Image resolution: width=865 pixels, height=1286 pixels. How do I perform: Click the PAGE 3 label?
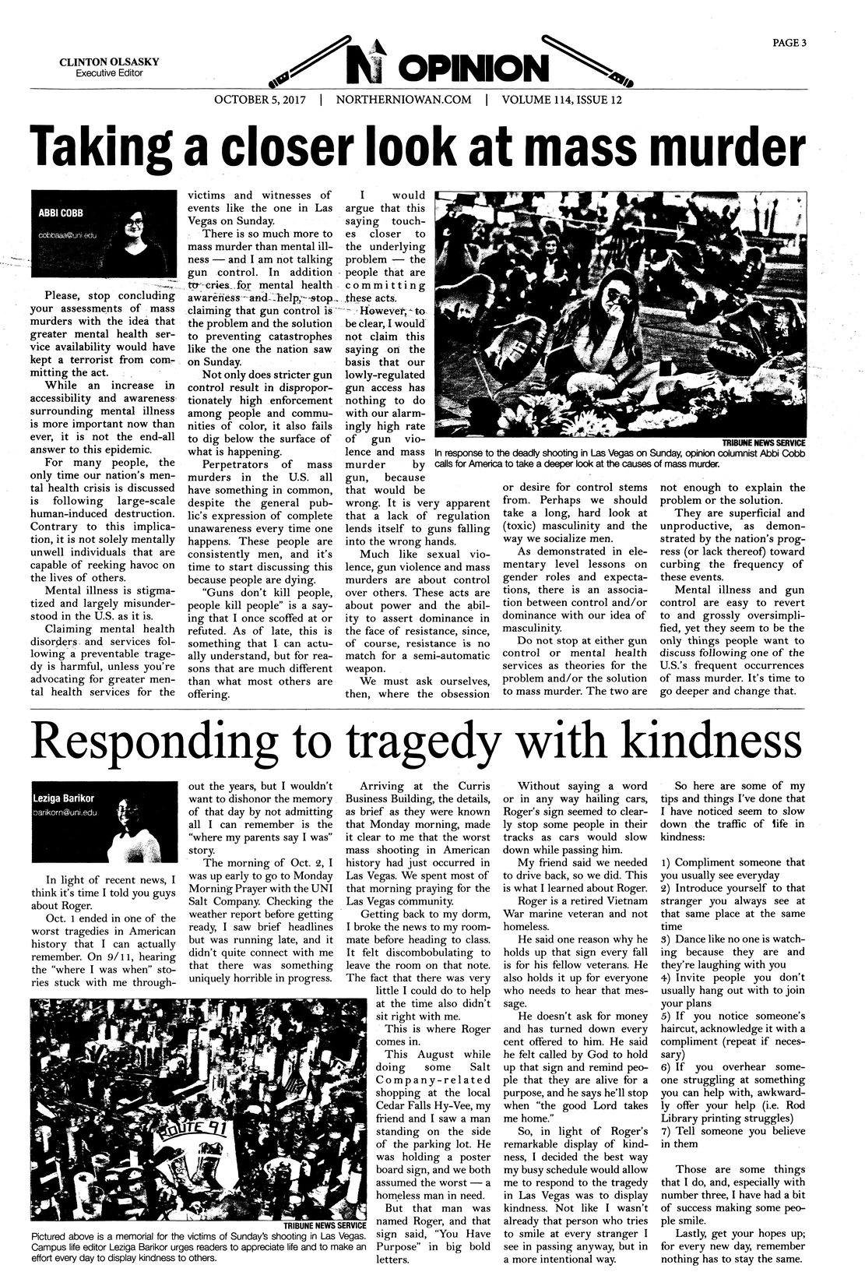click(x=788, y=43)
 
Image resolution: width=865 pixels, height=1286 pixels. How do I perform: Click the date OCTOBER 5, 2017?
click(x=259, y=100)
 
